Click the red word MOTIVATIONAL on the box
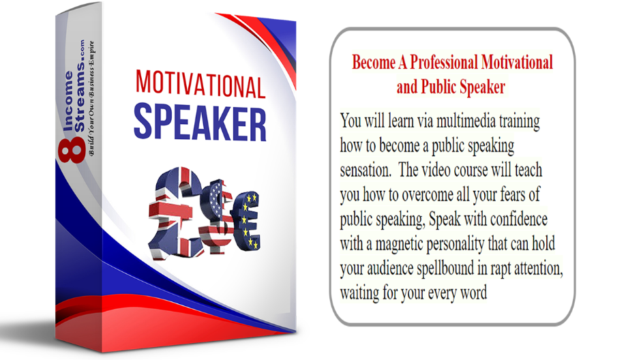200,84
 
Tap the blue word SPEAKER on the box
200,123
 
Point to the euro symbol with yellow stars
245,221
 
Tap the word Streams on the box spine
79,96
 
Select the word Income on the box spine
68,101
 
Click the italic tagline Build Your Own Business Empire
91,98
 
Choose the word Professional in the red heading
444,63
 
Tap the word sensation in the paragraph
365,170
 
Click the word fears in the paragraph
513,195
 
